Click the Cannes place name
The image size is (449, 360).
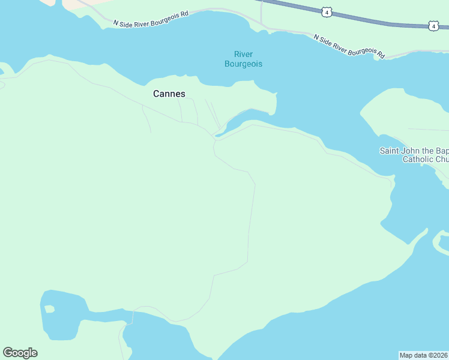click(169, 94)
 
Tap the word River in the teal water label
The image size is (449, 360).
click(243, 55)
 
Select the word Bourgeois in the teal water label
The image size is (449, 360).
click(243, 64)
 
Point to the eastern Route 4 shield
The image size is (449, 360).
click(433, 26)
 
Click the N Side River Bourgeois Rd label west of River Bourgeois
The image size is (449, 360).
click(151, 19)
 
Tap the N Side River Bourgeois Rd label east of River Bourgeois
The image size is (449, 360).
click(349, 46)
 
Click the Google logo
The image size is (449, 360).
click(20, 353)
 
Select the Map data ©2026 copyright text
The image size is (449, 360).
click(424, 355)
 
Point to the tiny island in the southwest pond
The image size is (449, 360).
click(49, 309)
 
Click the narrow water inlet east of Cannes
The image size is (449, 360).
click(246, 118)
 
